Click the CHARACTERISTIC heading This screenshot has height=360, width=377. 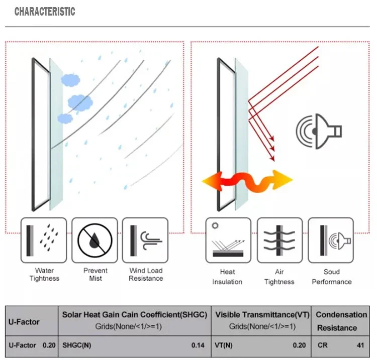pyautogui.click(x=45, y=11)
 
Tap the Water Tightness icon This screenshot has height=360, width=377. pyautogui.click(x=44, y=240)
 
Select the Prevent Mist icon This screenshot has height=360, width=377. pyautogui.click(x=95, y=240)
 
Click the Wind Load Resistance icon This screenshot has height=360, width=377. pyautogui.click(x=145, y=240)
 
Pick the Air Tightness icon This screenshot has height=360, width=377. pyautogui.click(x=279, y=240)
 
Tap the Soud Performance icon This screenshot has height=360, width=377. pyautogui.click(x=331, y=240)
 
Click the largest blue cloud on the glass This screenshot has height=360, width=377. pyautogui.click(x=80, y=102)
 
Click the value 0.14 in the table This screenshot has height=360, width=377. pyautogui.click(x=198, y=345)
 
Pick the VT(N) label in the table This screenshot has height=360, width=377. pyautogui.click(x=224, y=345)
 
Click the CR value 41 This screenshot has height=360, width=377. pyautogui.click(x=360, y=345)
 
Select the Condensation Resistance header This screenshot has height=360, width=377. pyautogui.click(x=341, y=321)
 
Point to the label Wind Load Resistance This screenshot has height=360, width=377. pyautogui.click(x=146, y=275)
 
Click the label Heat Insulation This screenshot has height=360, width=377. pyautogui.click(x=227, y=277)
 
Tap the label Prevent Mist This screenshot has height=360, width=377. pyautogui.click(x=96, y=275)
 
